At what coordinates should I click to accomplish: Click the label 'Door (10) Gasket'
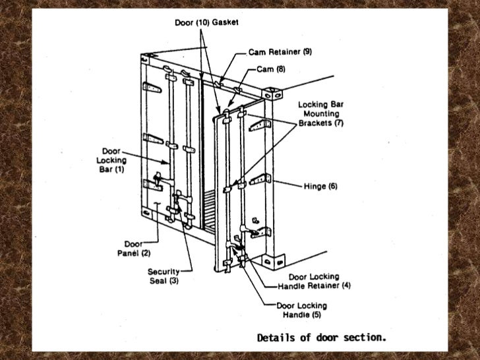[x=206, y=22]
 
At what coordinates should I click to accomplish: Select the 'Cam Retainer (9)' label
[x=280, y=52]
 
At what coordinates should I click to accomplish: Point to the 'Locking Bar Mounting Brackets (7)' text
[x=320, y=113]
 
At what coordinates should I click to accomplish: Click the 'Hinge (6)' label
[x=318, y=187]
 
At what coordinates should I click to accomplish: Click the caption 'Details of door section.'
[x=321, y=338]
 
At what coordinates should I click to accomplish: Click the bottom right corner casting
[x=270, y=261]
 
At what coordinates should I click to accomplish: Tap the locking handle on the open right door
[x=236, y=251]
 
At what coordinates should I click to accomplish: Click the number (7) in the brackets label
[x=339, y=123]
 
